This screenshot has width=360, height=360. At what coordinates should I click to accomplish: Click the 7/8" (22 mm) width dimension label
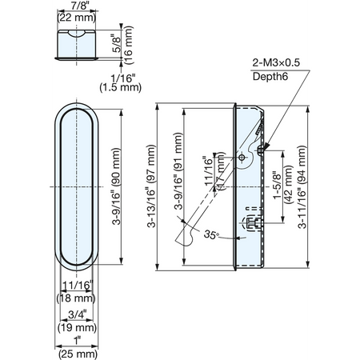77,12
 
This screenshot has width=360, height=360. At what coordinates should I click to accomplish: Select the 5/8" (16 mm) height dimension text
124,45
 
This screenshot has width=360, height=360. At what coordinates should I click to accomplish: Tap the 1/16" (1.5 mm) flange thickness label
121,83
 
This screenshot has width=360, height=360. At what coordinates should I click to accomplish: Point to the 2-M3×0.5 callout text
276,62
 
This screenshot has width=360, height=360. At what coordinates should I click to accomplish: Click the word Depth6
270,77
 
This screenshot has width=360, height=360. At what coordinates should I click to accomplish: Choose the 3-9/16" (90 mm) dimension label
116,186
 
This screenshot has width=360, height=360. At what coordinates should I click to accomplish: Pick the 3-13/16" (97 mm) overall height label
151,186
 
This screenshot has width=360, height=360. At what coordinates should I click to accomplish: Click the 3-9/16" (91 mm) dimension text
178,171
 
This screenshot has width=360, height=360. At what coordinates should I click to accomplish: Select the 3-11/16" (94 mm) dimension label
302,187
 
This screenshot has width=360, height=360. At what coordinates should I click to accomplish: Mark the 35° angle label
211,234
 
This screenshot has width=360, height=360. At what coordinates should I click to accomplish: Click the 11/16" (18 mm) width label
76,292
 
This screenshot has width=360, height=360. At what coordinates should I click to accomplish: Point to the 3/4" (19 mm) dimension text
77,322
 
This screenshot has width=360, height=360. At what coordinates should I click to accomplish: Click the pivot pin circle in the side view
242,158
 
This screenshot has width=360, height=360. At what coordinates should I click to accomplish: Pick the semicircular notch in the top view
77,33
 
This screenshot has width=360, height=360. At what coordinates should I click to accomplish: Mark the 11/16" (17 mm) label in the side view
214,172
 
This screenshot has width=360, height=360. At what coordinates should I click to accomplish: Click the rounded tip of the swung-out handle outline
185,239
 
